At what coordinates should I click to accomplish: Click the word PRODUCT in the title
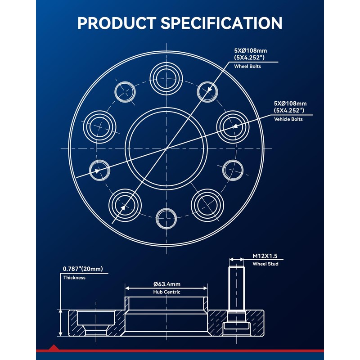(x=117, y=23)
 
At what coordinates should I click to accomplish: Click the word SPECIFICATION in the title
(x=221, y=23)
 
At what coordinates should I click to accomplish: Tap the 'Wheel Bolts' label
(x=247, y=66)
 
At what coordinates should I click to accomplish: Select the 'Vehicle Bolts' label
(x=288, y=119)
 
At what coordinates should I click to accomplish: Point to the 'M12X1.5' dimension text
(x=265, y=256)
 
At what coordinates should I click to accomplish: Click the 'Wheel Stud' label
(x=265, y=264)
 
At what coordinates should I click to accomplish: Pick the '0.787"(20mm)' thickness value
(x=83, y=269)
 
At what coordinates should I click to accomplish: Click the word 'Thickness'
(x=74, y=278)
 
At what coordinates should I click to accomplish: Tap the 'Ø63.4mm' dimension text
(x=167, y=284)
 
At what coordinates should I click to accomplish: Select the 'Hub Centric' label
(x=166, y=292)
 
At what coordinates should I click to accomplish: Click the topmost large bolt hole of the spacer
(x=166, y=79)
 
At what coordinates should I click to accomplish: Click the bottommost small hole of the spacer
(x=166, y=219)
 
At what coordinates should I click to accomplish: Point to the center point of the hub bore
(x=166, y=149)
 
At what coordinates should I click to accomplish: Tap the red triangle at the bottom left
(x=54, y=347)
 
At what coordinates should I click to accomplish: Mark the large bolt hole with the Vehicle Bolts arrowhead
(x=233, y=127)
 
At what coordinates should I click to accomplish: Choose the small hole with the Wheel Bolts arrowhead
(x=207, y=92)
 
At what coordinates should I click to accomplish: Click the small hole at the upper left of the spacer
(x=125, y=92)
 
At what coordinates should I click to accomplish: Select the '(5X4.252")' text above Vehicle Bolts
(x=289, y=110)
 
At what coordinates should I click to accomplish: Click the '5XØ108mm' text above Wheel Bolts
(x=251, y=50)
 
